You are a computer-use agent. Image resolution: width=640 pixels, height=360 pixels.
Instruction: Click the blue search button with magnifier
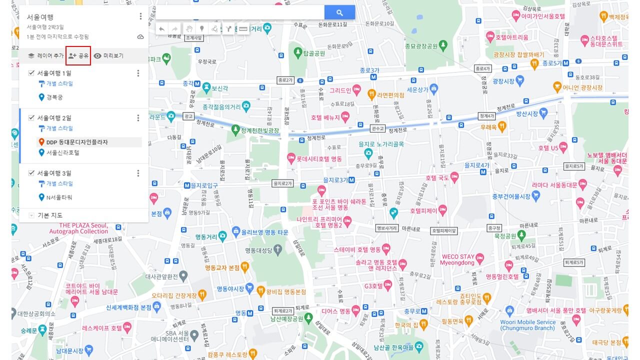click(339, 12)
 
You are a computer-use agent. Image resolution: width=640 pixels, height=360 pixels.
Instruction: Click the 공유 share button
click(78, 55)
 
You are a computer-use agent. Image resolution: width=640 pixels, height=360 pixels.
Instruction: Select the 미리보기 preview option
click(108, 55)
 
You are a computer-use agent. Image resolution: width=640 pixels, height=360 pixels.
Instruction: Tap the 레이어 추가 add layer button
click(45, 55)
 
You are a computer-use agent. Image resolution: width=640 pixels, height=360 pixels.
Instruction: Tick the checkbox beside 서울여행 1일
click(31, 73)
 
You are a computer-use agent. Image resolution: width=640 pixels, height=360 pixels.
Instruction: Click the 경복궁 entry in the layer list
click(54, 97)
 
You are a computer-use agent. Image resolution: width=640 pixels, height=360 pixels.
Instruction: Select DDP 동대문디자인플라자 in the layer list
click(76, 142)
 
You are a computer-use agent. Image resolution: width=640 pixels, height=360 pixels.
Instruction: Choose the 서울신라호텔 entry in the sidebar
click(62, 152)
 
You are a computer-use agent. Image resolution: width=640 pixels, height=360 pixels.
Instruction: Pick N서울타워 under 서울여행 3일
click(59, 197)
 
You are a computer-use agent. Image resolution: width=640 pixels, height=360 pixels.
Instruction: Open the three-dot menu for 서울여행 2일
click(138, 118)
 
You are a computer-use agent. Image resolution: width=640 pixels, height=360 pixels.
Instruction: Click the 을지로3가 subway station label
click(335, 179)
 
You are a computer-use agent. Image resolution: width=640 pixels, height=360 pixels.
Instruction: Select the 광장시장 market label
click(503, 80)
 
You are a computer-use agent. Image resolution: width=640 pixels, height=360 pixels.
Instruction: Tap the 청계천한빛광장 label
click(259, 130)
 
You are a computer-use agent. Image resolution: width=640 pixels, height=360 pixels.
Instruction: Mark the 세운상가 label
click(417, 89)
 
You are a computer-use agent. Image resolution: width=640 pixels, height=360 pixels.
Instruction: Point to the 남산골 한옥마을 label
click(393, 347)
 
